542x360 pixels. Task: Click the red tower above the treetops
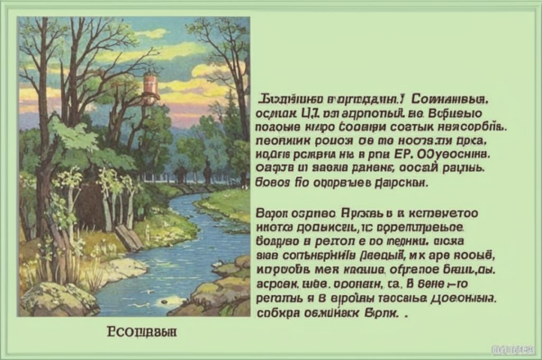click(x=150, y=87)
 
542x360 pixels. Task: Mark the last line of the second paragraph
click(x=330, y=316)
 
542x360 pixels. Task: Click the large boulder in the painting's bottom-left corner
click(x=58, y=298)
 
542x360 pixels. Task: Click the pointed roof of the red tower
click(x=150, y=74)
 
